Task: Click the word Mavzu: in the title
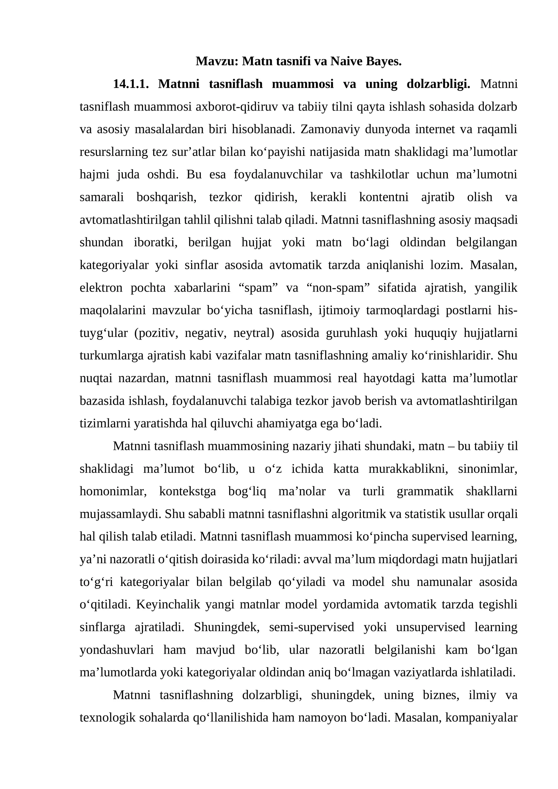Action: [x=217, y=61]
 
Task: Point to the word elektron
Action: [x=101, y=288]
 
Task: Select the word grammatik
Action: [x=425, y=491]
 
